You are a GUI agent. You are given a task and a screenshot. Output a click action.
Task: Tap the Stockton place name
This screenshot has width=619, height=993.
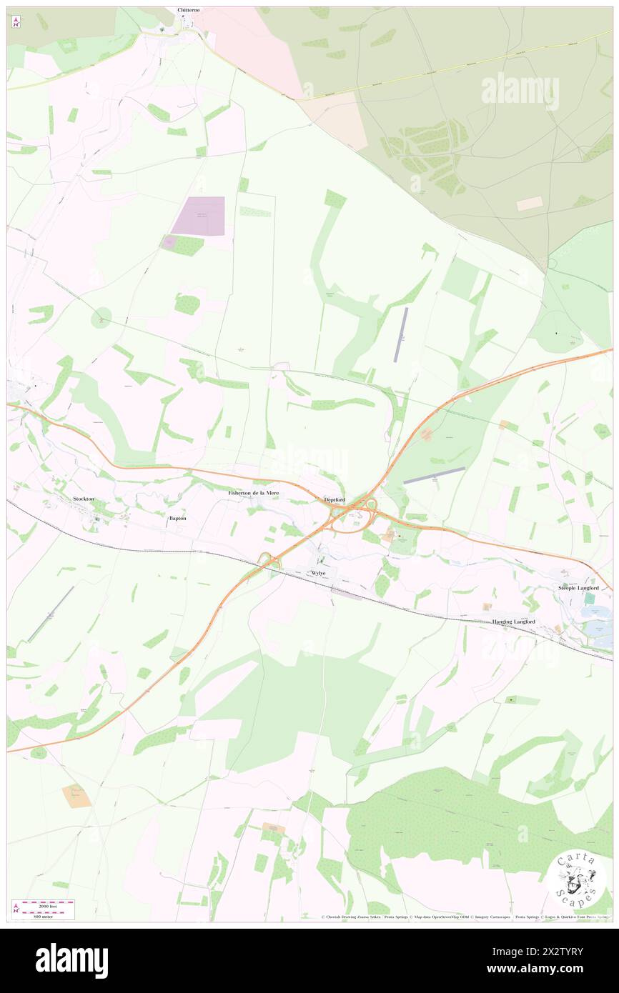click(x=83, y=498)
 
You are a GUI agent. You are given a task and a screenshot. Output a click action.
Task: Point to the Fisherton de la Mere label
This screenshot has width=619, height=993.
click(x=253, y=493)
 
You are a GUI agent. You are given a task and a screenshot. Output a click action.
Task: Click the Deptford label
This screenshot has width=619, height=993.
click(x=335, y=499)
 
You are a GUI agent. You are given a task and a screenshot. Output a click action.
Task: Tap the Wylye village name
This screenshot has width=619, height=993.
click(x=318, y=573)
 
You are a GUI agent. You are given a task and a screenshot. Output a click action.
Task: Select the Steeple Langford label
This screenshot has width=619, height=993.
click(x=578, y=587)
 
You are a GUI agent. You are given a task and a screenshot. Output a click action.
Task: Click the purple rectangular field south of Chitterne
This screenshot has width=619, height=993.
click(x=198, y=216)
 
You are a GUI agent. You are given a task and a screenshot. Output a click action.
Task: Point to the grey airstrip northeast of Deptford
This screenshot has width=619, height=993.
click(x=434, y=475)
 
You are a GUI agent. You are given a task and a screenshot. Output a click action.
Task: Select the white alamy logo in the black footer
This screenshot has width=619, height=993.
click(x=71, y=961)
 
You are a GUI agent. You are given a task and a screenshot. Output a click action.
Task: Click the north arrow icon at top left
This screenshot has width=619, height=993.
click(x=15, y=21)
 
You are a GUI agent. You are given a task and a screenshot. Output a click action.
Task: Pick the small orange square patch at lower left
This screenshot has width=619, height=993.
click(x=76, y=795)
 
